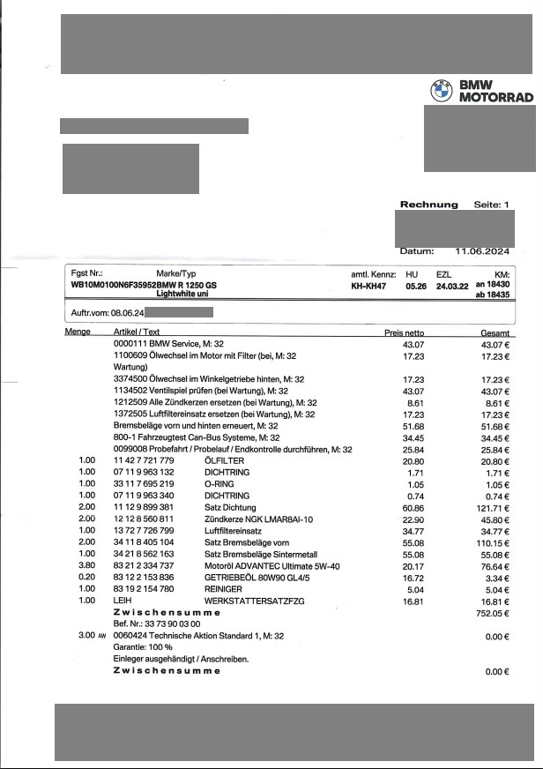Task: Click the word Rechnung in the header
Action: [429, 205]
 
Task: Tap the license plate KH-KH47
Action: [370, 287]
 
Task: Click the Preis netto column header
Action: [405, 332]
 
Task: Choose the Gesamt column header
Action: [497, 332]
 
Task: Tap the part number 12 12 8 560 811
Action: [145, 522]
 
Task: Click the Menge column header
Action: [78, 332]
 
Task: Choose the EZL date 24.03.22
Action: [452, 287]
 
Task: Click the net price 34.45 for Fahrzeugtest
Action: [413, 437]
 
